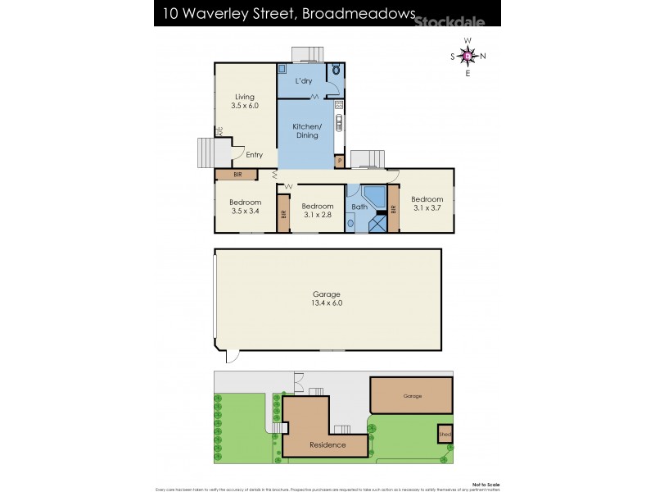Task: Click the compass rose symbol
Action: [468, 56]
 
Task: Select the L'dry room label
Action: [305, 81]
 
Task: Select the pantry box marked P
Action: [339, 161]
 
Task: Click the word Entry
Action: [255, 154]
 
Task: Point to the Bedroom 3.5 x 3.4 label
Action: [245, 207]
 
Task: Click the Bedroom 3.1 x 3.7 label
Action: [427, 203]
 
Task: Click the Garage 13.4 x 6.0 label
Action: [326, 298]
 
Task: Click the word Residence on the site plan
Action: [327, 445]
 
